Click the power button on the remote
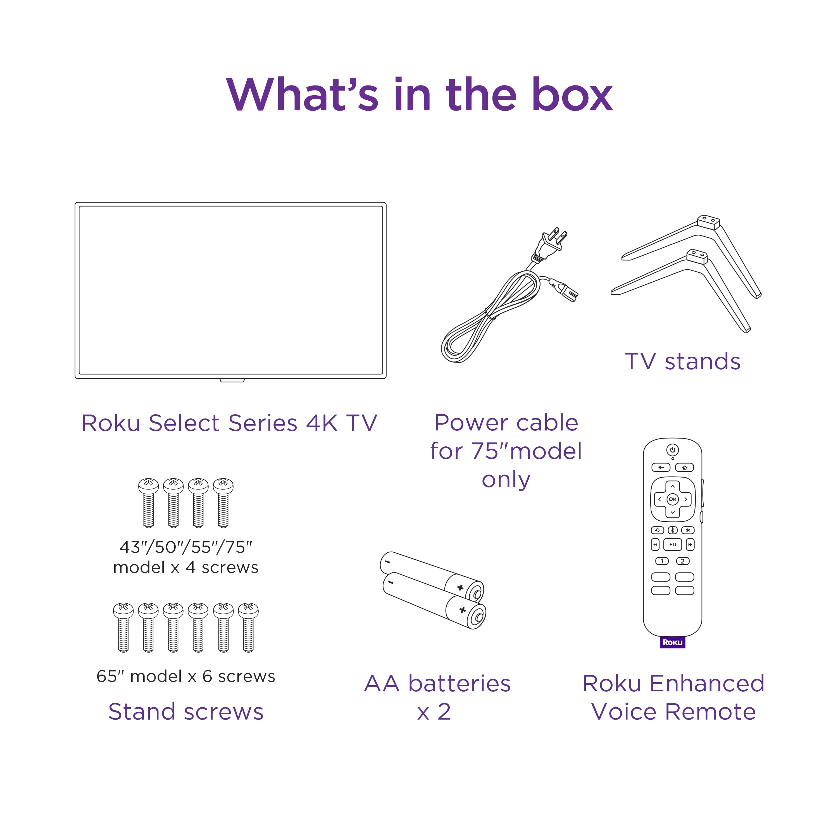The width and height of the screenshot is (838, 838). click(x=672, y=450)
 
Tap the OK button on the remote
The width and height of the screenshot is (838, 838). click(x=672, y=499)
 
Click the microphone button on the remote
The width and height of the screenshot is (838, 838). click(x=673, y=530)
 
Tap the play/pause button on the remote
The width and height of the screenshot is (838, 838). click(x=673, y=544)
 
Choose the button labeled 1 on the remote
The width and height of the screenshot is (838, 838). click(x=662, y=561)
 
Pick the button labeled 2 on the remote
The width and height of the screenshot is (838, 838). click(x=683, y=561)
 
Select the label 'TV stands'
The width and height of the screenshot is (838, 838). click(x=682, y=361)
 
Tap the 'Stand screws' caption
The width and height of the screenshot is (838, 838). click(x=186, y=712)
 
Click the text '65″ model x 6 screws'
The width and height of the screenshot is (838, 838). click(x=186, y=676)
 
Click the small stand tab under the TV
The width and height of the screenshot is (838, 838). click(x=232, y=380)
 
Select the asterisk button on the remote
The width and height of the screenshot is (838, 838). click(x=687, y=530)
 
